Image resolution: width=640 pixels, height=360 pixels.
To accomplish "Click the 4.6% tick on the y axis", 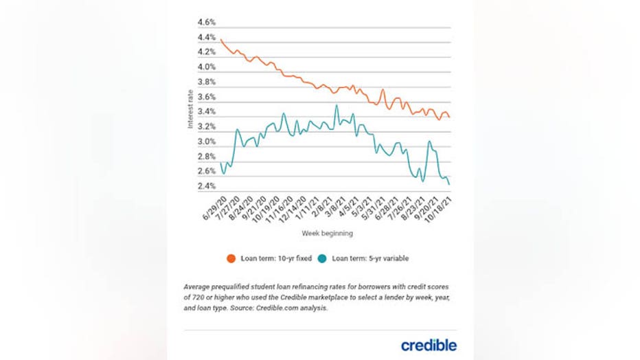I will [x=207, y=22].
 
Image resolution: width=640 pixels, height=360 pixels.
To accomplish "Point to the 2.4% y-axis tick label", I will [x=207, y=186].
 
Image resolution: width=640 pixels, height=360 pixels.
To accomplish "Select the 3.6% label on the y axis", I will [x=207, y=97].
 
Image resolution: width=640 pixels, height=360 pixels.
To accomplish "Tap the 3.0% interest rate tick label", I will [x=207, y=142].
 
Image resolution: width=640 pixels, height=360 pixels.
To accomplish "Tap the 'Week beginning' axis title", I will [x=327, y=234].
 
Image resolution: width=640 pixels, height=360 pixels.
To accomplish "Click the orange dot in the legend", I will [x=231, y=258].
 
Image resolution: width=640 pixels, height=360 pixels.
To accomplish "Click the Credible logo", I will [x=428, y=344].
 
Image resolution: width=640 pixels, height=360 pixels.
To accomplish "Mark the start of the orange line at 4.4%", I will [x=221, y=41].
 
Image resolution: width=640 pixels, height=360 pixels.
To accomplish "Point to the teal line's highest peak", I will [x=336, y=105].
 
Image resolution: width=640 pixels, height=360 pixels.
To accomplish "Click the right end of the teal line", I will [x=450, y=184].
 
